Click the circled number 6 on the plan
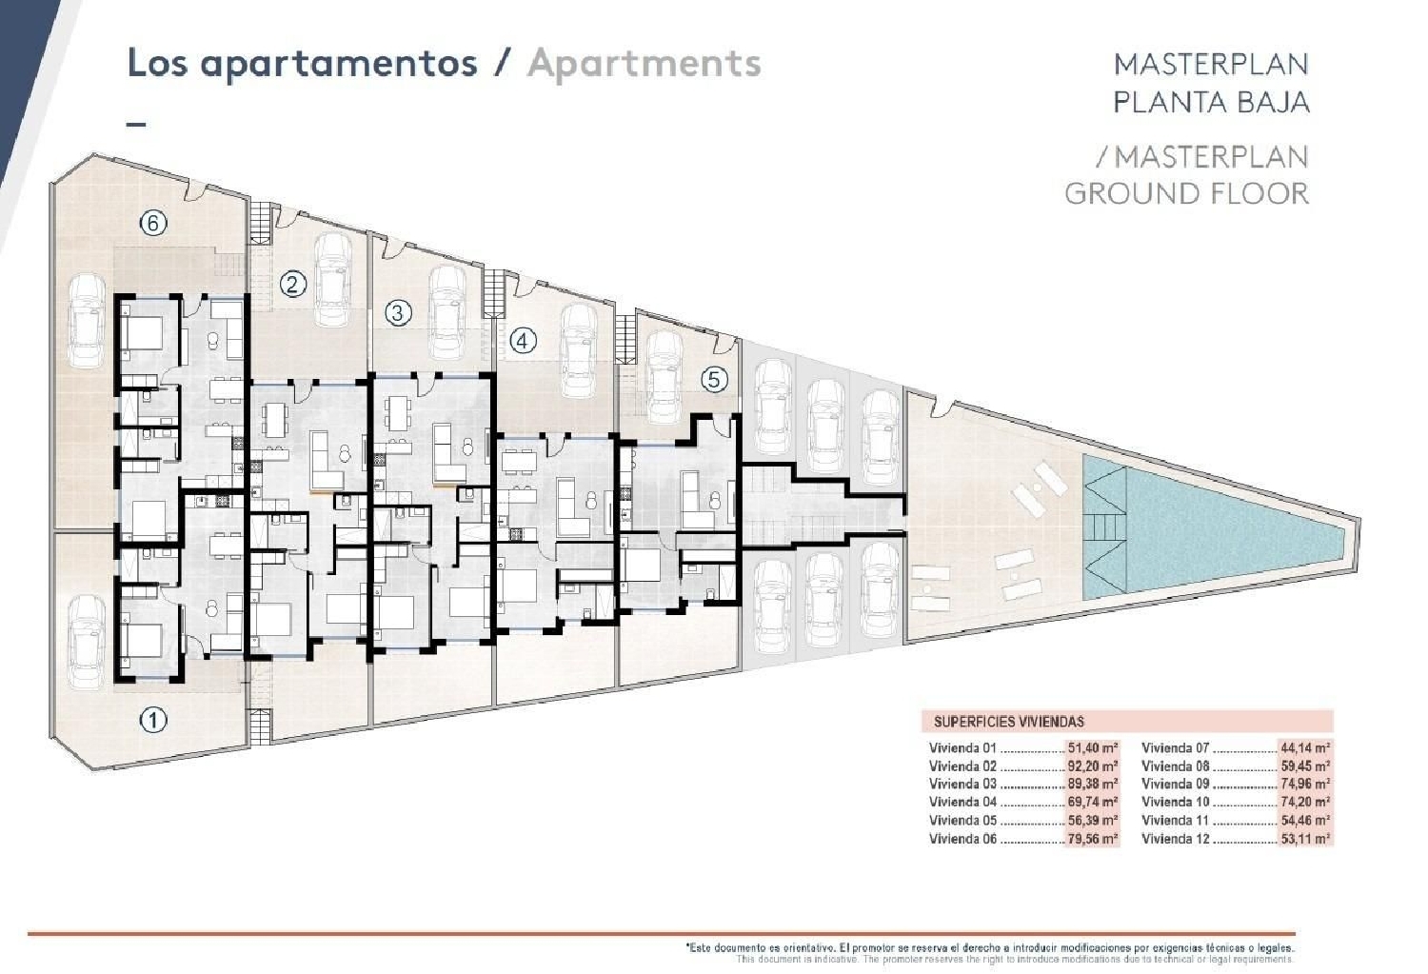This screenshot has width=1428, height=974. coord(153,224)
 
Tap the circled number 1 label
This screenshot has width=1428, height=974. coord(153,720)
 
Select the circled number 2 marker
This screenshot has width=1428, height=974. coord(293,284)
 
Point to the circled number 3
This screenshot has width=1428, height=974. coord(398,312)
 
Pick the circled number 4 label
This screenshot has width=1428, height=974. coord(523,340)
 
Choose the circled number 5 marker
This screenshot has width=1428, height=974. coord(714,380)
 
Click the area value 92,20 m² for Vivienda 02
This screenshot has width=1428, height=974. coord(1092,766)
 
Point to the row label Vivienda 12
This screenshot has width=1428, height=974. coord(1175,839)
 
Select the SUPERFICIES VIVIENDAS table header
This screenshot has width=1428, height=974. coord(1008,722)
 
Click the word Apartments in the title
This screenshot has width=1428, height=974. coord(645,63)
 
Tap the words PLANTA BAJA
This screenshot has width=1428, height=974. coord(1211,102)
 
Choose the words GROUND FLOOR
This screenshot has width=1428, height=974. coord(1186,193)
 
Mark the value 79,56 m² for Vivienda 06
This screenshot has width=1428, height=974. coord(1092,839)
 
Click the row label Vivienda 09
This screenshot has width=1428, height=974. coord(1175,785)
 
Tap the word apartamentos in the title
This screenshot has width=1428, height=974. coord(339,63)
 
